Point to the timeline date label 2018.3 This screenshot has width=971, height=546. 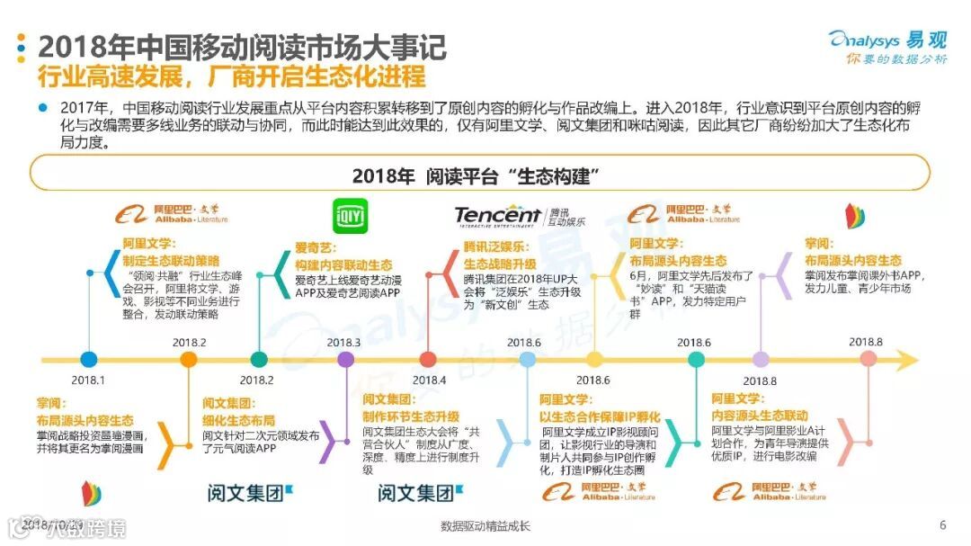coord(343,343)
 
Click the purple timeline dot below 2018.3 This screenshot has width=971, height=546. coord(345,360)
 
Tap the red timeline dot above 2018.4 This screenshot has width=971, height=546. coord(429,360)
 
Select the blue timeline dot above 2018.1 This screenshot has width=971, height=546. coord(88,360)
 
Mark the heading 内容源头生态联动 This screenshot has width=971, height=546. coord(759,416)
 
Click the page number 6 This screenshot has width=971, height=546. coord(942,525)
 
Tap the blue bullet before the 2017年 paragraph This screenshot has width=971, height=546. coord(41,108)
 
